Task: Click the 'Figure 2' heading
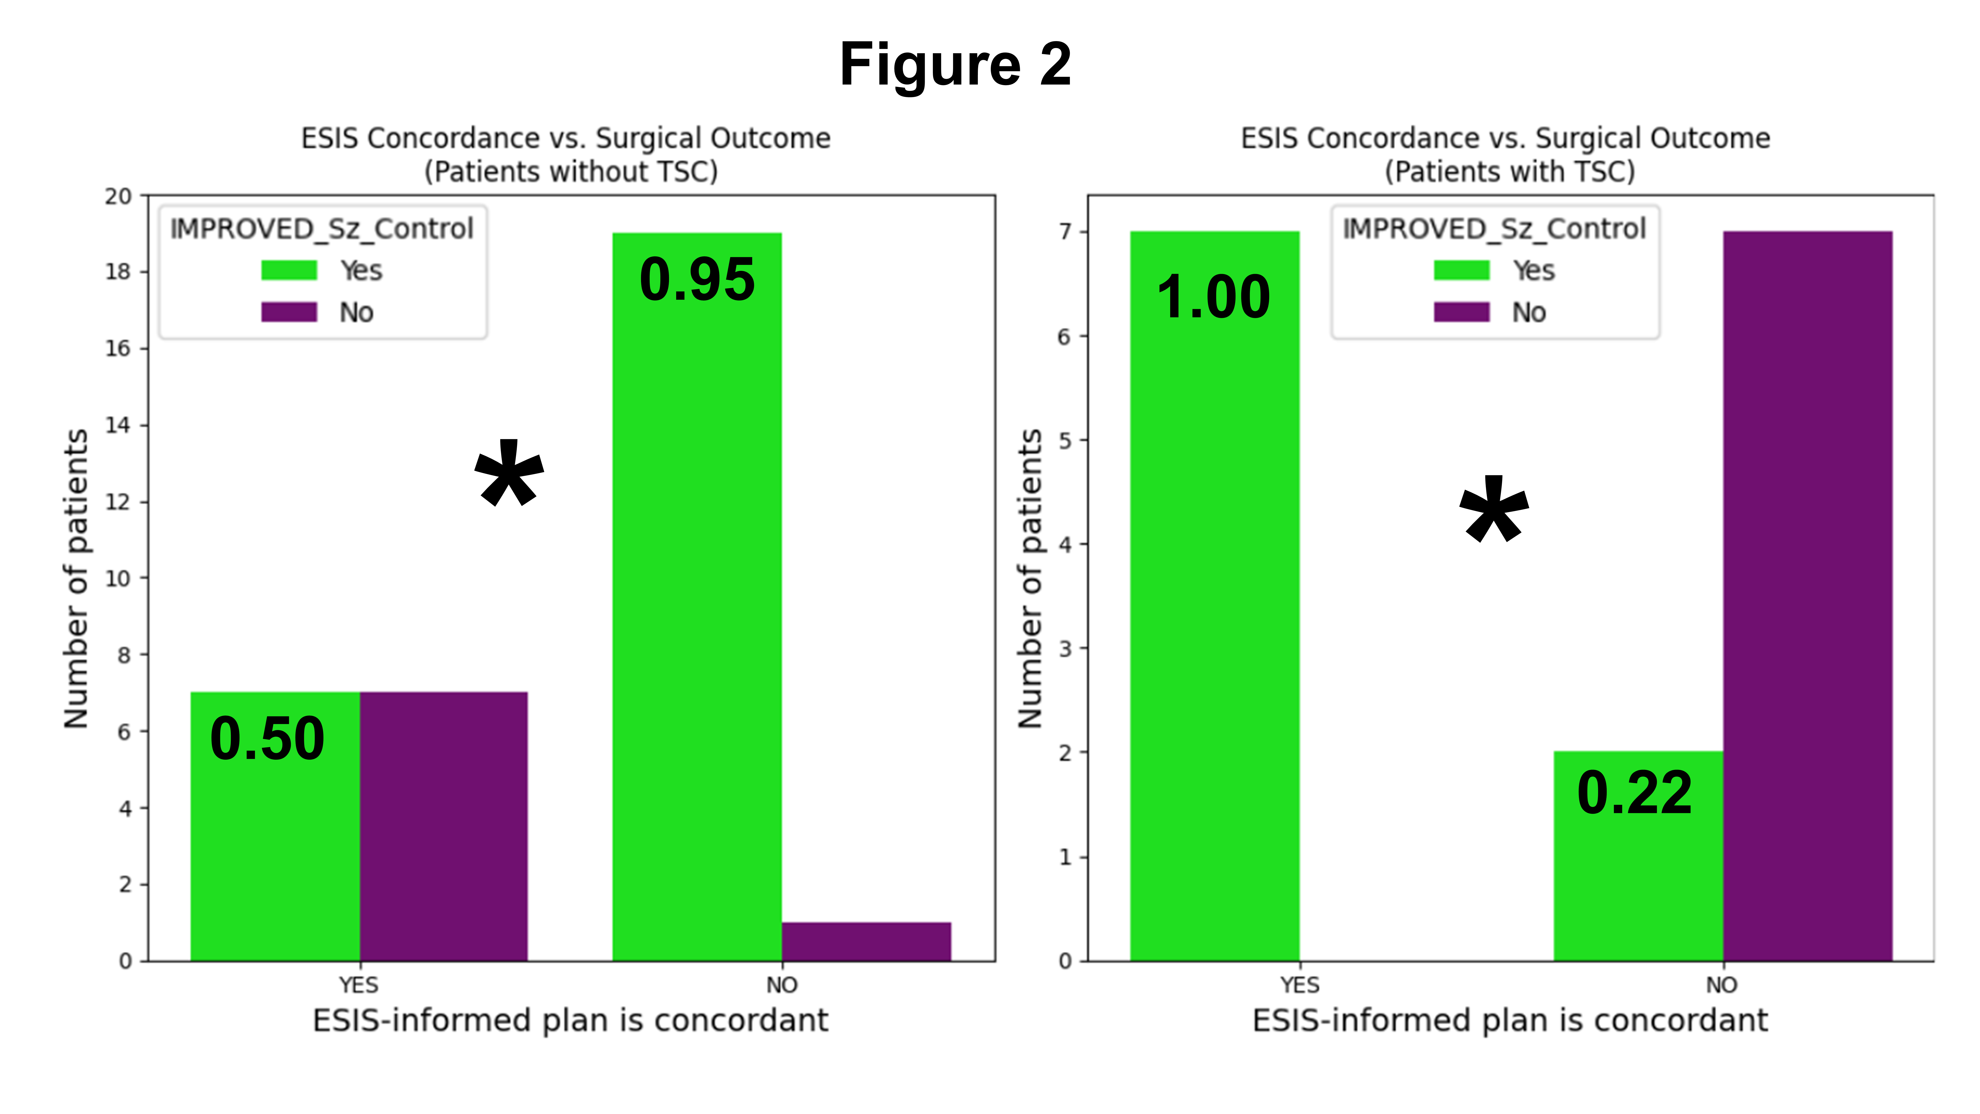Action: pos(955,65)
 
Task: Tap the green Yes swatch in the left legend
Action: pos(289,270)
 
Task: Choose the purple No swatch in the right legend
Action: pos(1461,312)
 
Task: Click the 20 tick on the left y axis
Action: pos(118,197)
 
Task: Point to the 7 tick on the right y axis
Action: pos(1065,231)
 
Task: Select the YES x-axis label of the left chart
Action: pos(359,985)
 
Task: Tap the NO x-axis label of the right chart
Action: pos(1722,985)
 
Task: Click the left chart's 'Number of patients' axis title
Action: pos(76,578)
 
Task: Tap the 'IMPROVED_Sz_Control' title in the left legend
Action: pos(321,229)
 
